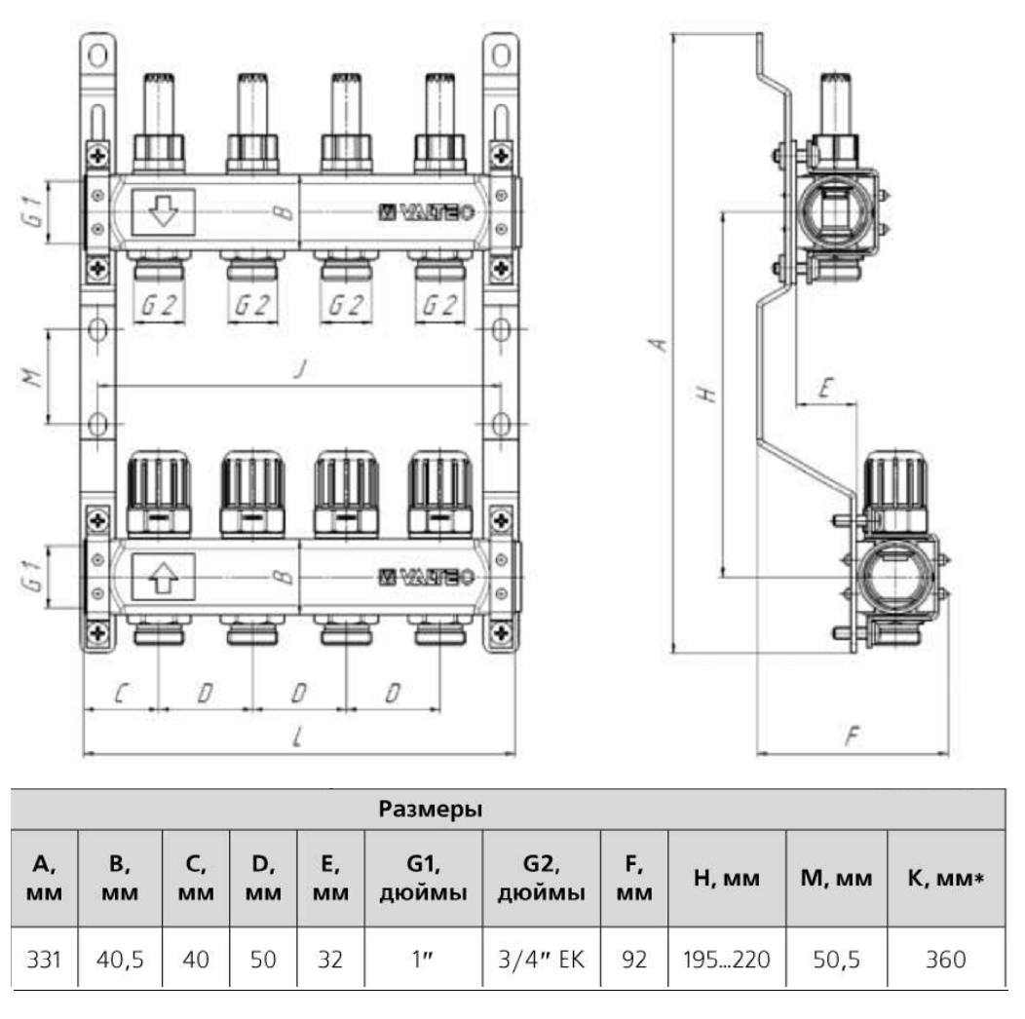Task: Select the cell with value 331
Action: [45, 959]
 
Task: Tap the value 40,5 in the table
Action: [121, 959]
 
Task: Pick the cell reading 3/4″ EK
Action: [542, 959]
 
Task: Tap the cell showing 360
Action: [945, 959]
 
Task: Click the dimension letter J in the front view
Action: [301, 370]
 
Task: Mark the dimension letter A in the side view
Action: [659, 344]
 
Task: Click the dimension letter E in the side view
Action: [824, 389]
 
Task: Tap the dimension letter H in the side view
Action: [708, 394]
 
